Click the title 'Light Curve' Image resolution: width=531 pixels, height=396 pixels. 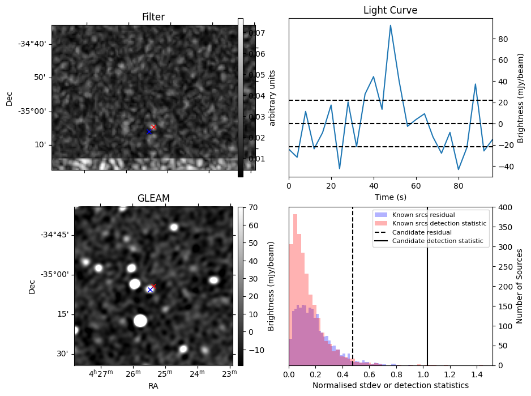coord(390,10)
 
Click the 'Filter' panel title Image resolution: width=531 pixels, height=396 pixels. coord(153,17)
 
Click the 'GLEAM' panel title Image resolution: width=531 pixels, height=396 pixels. coord(153,198)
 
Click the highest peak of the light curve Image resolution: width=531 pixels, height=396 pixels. coord(391,25)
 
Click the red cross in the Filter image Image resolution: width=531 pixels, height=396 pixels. coord(153,127)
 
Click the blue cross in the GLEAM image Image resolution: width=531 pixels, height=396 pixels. coord(150,289)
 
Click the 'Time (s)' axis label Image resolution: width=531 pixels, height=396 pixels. coord(390,197)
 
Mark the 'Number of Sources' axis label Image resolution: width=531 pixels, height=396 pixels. coord(519,286)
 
